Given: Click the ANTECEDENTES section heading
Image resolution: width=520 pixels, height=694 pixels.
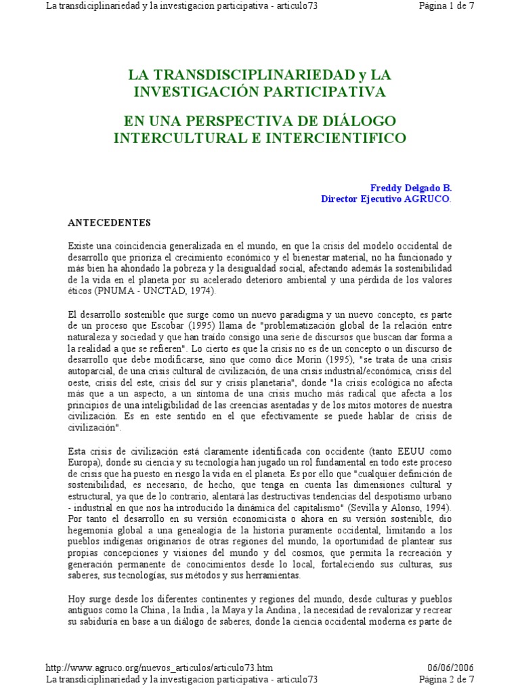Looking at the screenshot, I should [109, 222].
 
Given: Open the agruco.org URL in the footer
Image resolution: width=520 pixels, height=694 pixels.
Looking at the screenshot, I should [159, 667].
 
